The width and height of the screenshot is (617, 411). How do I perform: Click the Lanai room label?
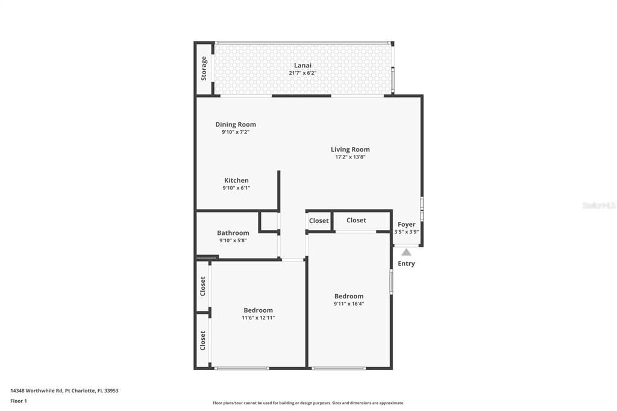[x=302, y=65]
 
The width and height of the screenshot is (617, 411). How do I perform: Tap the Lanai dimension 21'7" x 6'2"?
[x=302, y=73]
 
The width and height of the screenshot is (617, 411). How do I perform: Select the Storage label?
[x=204, y=69]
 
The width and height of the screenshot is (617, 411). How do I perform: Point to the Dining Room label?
[x=236, y=125]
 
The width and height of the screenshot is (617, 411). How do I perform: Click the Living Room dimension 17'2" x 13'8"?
[x=350, y=157]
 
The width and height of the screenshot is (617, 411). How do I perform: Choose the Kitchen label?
[x=236, y=180]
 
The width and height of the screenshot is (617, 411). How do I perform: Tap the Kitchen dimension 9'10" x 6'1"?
[x=236, y=188]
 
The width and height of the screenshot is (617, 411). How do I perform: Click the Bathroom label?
[x=233, y=233]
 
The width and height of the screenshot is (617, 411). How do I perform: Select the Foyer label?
[x=406, y=224]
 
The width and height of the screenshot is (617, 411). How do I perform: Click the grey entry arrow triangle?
[x=406, y=253]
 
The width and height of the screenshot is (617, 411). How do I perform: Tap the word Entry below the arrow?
[x=406, y=263]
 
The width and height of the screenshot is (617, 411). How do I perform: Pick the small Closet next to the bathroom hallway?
[x=319, y=221]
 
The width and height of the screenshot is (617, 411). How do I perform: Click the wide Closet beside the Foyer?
[x=356, y=220]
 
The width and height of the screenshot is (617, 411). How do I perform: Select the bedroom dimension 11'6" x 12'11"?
[x=258, y=318]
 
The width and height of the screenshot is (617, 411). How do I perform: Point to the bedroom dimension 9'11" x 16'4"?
[x=349, y=304]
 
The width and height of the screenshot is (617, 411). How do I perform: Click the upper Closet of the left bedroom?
[x=203, y=286]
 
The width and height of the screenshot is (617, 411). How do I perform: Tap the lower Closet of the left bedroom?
[x=203, y=340]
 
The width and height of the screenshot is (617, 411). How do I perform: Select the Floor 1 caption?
[x=19, y=401]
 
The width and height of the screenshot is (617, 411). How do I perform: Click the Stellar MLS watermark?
[x=598, y=205]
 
